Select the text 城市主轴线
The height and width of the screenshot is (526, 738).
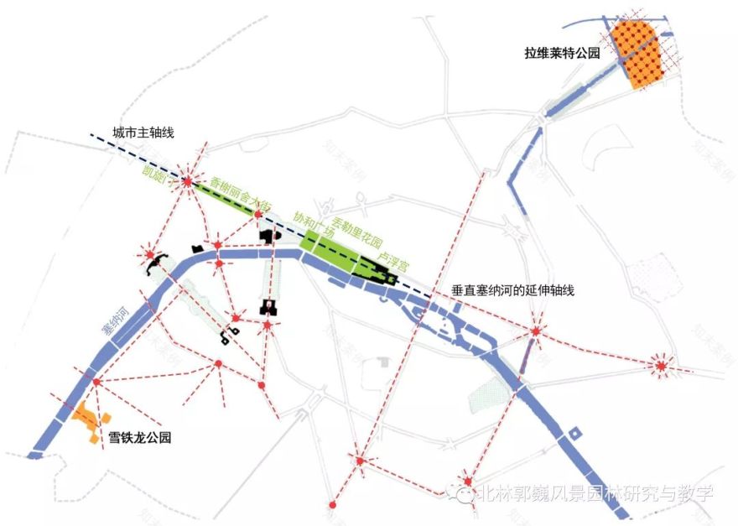tap(142, 132)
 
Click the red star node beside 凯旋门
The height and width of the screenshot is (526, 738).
tap(188, 181)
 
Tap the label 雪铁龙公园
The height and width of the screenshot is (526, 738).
tap(140, 437)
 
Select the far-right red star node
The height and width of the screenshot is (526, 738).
tap(663, 365)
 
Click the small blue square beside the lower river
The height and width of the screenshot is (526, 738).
tap(575, 433)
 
